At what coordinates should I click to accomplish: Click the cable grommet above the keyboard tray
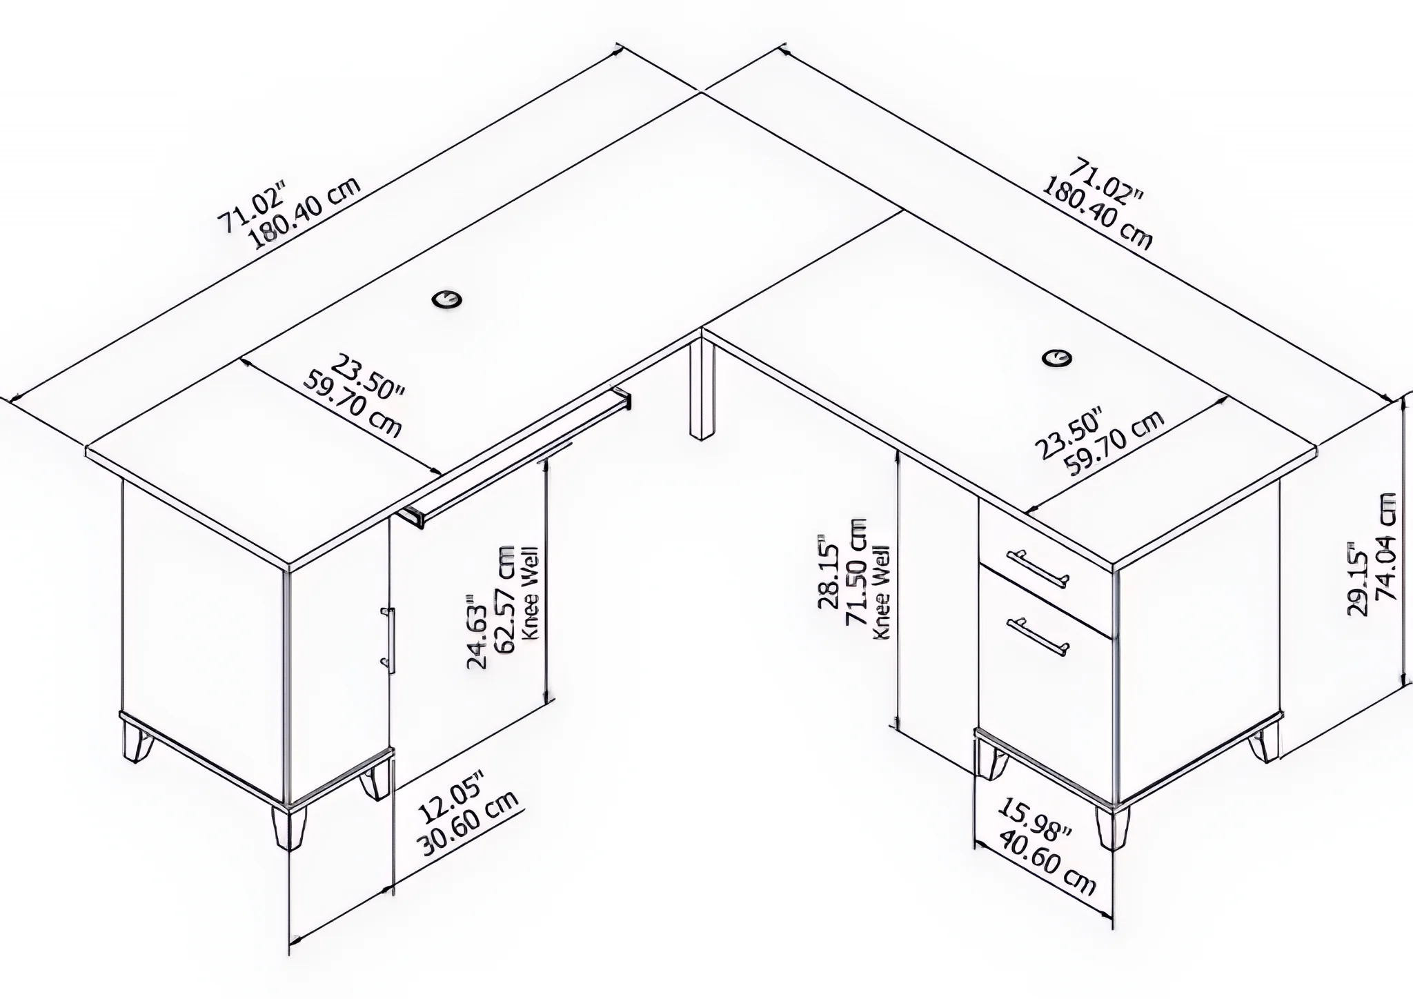(x=447, y=299)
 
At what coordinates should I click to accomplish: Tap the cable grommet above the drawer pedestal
(x=1056, y=357)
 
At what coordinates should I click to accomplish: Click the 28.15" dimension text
(x=828, y=571)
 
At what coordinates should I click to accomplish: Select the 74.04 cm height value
(x=1385, y=546)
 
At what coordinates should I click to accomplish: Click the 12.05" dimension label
(x=452, y=796)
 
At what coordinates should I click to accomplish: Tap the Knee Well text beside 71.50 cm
(x=882, y=593)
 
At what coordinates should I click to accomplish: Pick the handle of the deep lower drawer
(x=1038, y=637)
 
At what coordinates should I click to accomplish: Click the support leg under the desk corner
(x=702, y=387)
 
